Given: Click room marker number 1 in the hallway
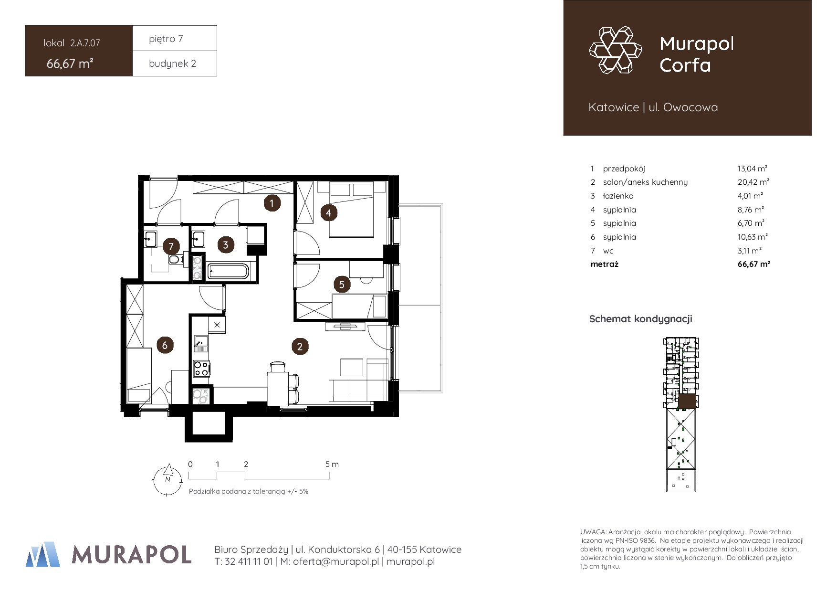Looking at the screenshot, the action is coord(272,203).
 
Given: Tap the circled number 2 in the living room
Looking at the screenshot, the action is coord(300,346).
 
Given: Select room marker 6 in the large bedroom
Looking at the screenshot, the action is coord(165,345).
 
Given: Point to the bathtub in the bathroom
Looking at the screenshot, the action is coord(228,271).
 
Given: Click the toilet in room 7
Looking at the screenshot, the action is coord(175,259).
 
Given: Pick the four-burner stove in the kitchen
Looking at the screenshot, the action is coord(201,369).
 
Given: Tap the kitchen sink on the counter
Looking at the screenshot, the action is coord(201,344).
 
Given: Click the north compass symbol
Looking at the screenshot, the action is coord(167,480).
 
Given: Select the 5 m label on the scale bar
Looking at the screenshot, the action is coord(332,464).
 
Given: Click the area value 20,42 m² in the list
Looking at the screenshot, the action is coord(753,182).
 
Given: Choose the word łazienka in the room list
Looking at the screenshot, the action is coord(618,196).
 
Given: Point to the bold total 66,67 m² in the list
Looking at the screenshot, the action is coord(753,264).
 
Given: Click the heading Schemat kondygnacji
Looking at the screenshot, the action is coord(640,319).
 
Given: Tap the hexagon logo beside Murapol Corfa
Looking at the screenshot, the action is coord(616,50).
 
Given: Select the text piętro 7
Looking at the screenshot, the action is coord(166,39).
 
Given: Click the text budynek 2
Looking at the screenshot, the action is coord(172,63).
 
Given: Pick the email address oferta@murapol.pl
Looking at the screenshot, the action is coord(335,561).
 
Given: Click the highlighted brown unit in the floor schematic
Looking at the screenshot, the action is coord(687,402).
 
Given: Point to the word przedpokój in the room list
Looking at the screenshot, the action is coord(624,169).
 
